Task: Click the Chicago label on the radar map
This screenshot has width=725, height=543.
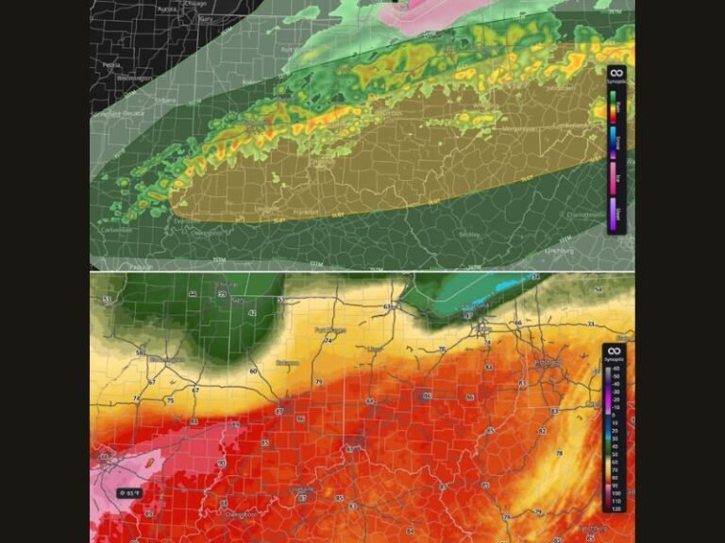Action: click(195, 4)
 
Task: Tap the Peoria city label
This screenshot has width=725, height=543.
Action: click(111, 65)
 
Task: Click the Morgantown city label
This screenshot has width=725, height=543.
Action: click(517, 128)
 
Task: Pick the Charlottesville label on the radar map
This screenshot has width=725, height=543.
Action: click(586, 214)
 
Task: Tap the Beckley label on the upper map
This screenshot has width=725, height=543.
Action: click(469, 234)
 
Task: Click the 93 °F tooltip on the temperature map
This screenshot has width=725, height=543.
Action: click(128, 492)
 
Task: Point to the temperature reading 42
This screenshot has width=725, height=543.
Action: click(252, 312)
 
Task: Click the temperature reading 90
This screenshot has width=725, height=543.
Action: click(221, 463)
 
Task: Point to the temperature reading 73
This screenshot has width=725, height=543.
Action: click(590, 324)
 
